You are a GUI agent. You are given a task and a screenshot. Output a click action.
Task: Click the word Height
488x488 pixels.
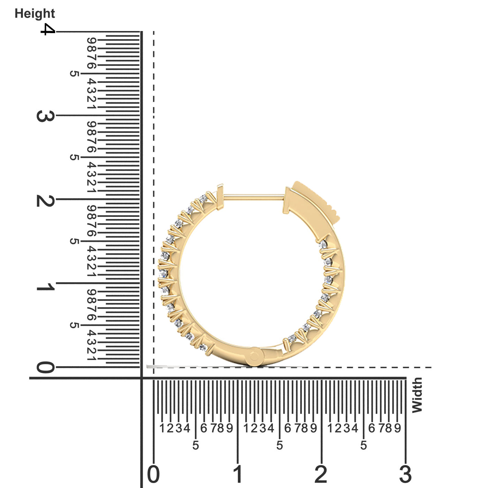[35, 13]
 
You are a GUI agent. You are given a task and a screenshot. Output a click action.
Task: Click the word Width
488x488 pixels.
[417, 395]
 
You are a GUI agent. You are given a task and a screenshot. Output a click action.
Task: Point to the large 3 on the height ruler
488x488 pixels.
[45, 116]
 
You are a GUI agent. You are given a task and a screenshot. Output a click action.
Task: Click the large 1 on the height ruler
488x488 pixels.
[45, 287]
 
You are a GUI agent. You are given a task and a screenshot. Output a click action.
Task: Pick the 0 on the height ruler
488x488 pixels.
[45, 367]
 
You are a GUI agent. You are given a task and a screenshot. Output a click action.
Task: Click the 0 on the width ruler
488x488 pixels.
[153, 474]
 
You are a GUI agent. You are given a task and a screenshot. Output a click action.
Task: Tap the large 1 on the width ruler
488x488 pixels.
[238, 474]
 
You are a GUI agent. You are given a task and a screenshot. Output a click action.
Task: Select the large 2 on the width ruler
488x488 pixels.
[321, 474]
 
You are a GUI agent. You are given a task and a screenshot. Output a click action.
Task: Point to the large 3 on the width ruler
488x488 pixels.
[405, 474]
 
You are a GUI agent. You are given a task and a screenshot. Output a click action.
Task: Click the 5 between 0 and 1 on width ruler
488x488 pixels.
[196, 445]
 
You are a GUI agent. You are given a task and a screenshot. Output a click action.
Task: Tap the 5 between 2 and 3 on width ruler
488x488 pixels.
[364, 445]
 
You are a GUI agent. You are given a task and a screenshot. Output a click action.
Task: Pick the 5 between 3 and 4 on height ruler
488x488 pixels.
[74, 74]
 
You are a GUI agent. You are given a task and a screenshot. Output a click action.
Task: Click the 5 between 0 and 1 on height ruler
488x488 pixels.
[74, 325]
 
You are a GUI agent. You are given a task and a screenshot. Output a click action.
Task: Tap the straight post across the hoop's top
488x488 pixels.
[253, 198]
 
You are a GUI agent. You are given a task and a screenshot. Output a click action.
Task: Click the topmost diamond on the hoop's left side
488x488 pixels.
[203, 198]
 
